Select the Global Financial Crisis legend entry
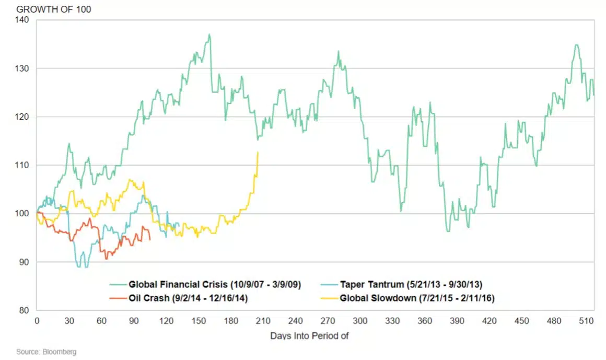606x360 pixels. click(x=214, y=285)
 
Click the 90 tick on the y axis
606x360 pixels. click(x=24, y=262)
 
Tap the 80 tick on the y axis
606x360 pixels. click(x=24, y=310)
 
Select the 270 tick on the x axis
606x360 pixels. click(x=328, y=320)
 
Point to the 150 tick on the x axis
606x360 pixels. click(x=198, y=320)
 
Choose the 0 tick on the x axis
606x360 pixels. click(x=37, y=320)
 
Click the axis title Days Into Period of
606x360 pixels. click(x=309, y=335)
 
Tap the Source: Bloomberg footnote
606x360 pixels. click(x=46, y=352)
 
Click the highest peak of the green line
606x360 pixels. click(x=209, y=34)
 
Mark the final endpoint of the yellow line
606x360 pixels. click(x=258, y=152)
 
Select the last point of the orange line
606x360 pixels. click(x=150, y=240)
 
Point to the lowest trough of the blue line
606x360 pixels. click(x=80, y=267)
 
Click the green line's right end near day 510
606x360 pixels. click(x=593, y=95)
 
